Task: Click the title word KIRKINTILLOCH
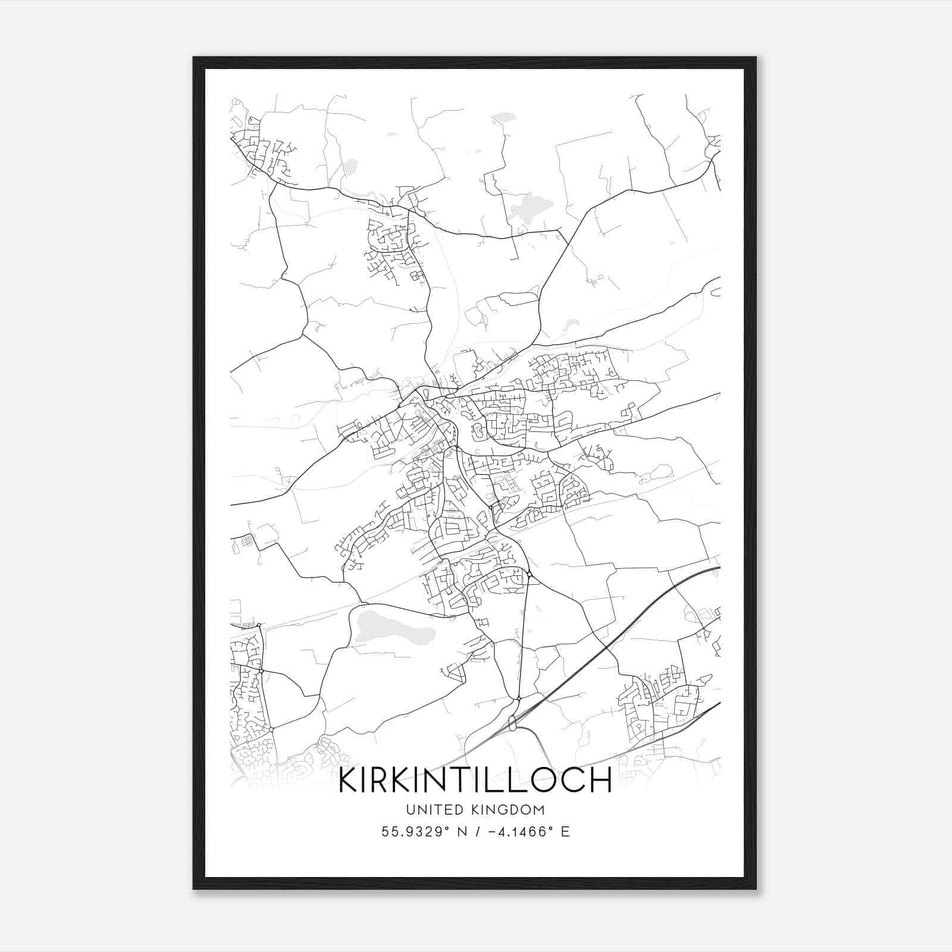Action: pyautogui.click(x=474, y=780)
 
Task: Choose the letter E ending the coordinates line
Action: pyautogui.click(x=565, y=832)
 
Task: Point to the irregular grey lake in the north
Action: pyautogui.click(x=527, y=209)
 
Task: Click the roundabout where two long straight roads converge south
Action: pyautogui.click(x=518, y=698)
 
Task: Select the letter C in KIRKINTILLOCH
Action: pyautogui.click(x=573, y=780)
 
